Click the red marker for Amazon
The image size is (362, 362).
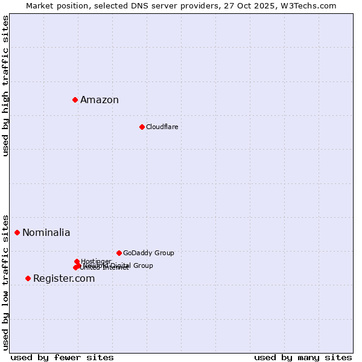click(x=75, y=100)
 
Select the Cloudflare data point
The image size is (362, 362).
click(x=142, y=127)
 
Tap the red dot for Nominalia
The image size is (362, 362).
click(x=17, y=232)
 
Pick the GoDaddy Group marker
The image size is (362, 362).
click(x=119, y=253)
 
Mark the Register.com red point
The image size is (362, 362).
click(x=28, y=278)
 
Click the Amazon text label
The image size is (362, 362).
click(x=100, y=100)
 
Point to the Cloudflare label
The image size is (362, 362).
click(x=162, y=127)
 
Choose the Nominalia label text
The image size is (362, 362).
click(x=46, y=233)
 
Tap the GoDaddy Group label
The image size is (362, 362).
click(x=148, y=253)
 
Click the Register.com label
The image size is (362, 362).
click(x=64, y=279)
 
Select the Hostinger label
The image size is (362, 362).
click(x=96, y=261)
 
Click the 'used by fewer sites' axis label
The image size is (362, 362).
click(x=62, y=357)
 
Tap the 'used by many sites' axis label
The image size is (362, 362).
click(x=303, y=357)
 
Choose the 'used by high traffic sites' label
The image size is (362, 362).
click(x=5, y=86)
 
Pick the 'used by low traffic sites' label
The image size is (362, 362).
click(x=5, y=282)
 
